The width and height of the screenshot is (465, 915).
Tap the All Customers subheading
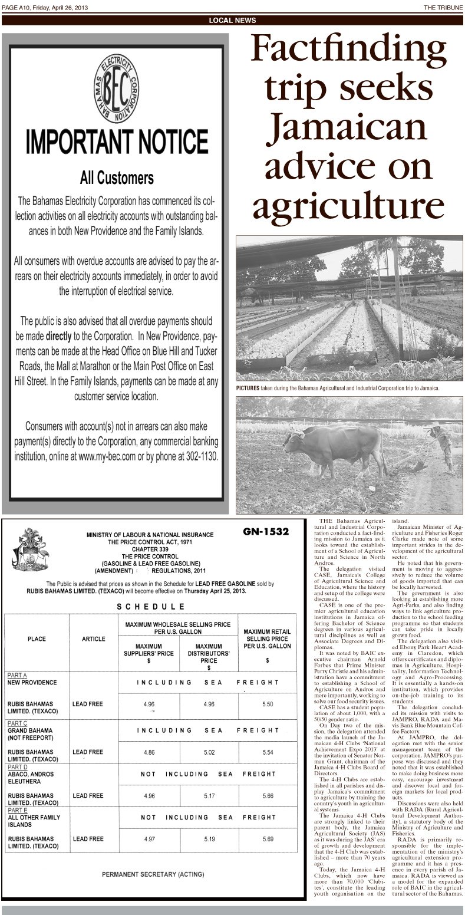point(117,177)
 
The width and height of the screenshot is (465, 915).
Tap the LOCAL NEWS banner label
point(232,21)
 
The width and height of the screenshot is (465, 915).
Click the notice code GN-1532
point(265,532)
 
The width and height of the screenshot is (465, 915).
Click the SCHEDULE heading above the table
point(150,606)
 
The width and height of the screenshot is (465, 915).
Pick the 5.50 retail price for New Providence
point(267,704)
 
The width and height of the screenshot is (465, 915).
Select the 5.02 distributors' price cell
point(208,752)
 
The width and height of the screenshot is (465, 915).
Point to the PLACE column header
point(37,638)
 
